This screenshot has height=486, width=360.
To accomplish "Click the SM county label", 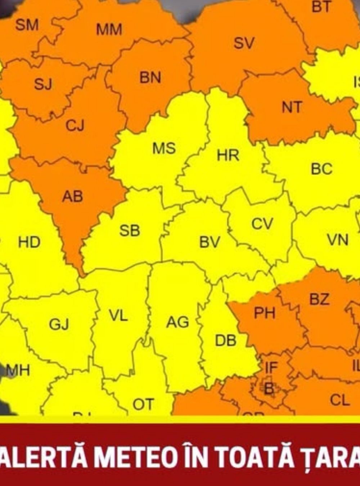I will tap(27, 25).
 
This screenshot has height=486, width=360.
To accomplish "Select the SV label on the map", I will tap(244, 44).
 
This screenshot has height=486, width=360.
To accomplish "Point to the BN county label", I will tap(150, 78).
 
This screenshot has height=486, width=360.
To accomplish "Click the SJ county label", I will tap(43, 84).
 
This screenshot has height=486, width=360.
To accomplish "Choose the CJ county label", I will tap(75, 126).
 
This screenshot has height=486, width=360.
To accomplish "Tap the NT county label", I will tap(292, 107).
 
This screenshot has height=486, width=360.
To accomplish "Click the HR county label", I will tap(228, 156).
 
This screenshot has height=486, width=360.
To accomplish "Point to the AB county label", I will tap(72, 197).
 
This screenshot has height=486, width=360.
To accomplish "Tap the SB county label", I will tap(130, 231).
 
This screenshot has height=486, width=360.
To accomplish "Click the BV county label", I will tap(210, 243).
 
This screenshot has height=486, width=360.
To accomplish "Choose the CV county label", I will tap(262, 224).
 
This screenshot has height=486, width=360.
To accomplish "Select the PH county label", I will tap(265, 313).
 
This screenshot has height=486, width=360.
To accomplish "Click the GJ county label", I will tap(59, 324).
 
